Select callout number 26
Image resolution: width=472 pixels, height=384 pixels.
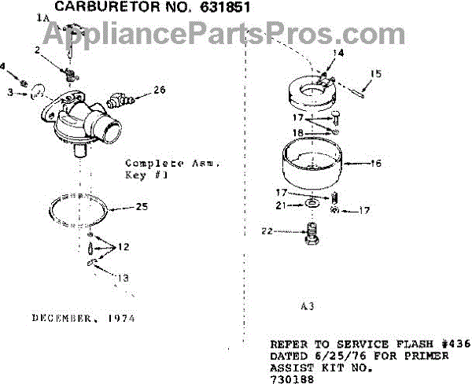tap(160, 90)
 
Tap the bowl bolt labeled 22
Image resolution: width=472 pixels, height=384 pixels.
tap(311, 232)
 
